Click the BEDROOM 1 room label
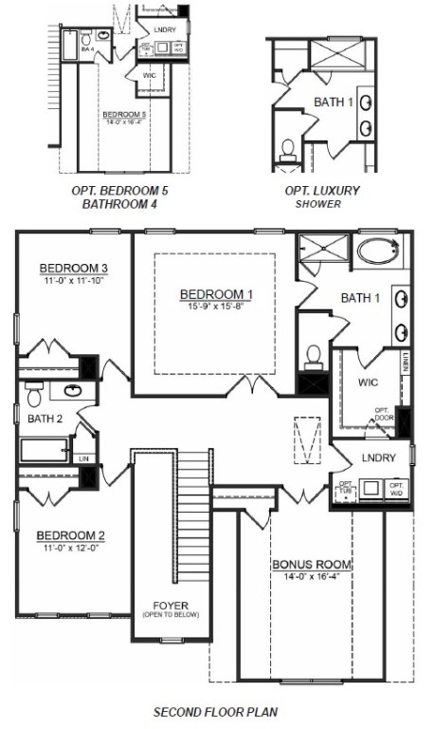[x=210, y=294]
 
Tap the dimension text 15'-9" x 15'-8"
[x=210, y=307]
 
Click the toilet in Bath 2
[x=34, y=393]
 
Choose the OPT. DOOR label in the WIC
[x=383, y=414]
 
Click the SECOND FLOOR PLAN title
[x=215, y=710]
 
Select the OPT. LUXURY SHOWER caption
[x=322, y=196]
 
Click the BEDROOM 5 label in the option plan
[x=124, y=115]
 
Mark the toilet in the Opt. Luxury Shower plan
[x=289, y=150]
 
